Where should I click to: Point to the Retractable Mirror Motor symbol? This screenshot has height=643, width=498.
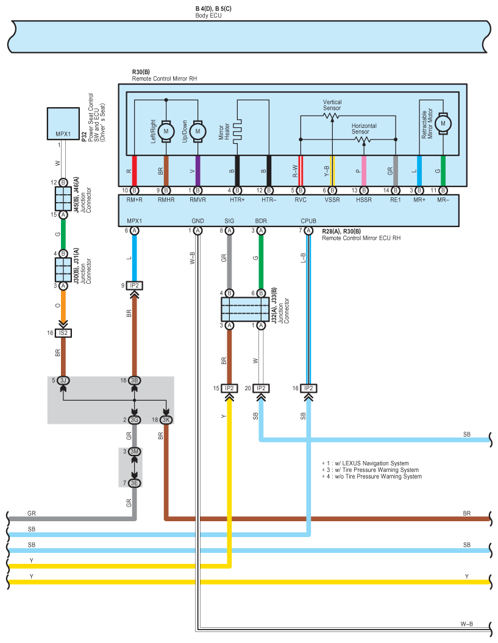coord(443,123)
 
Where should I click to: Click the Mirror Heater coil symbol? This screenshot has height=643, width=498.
coord(238,130)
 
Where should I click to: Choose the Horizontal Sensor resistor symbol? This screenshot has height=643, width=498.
coord(364,139)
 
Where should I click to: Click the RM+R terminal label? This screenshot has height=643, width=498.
coord(134,200)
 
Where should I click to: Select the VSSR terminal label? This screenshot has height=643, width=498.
coord(332,200)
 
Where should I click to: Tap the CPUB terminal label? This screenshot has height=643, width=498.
coord(308,221)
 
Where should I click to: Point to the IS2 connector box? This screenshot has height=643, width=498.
coord(63,333)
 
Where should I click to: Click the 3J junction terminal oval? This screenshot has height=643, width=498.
coord(63,381)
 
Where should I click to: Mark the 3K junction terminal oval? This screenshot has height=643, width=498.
coord(166,420)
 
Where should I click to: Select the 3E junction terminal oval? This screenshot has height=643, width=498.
coord(135,483)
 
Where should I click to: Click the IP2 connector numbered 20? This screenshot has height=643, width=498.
coord(261,388)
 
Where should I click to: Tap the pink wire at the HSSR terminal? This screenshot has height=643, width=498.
coord(364,170)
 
